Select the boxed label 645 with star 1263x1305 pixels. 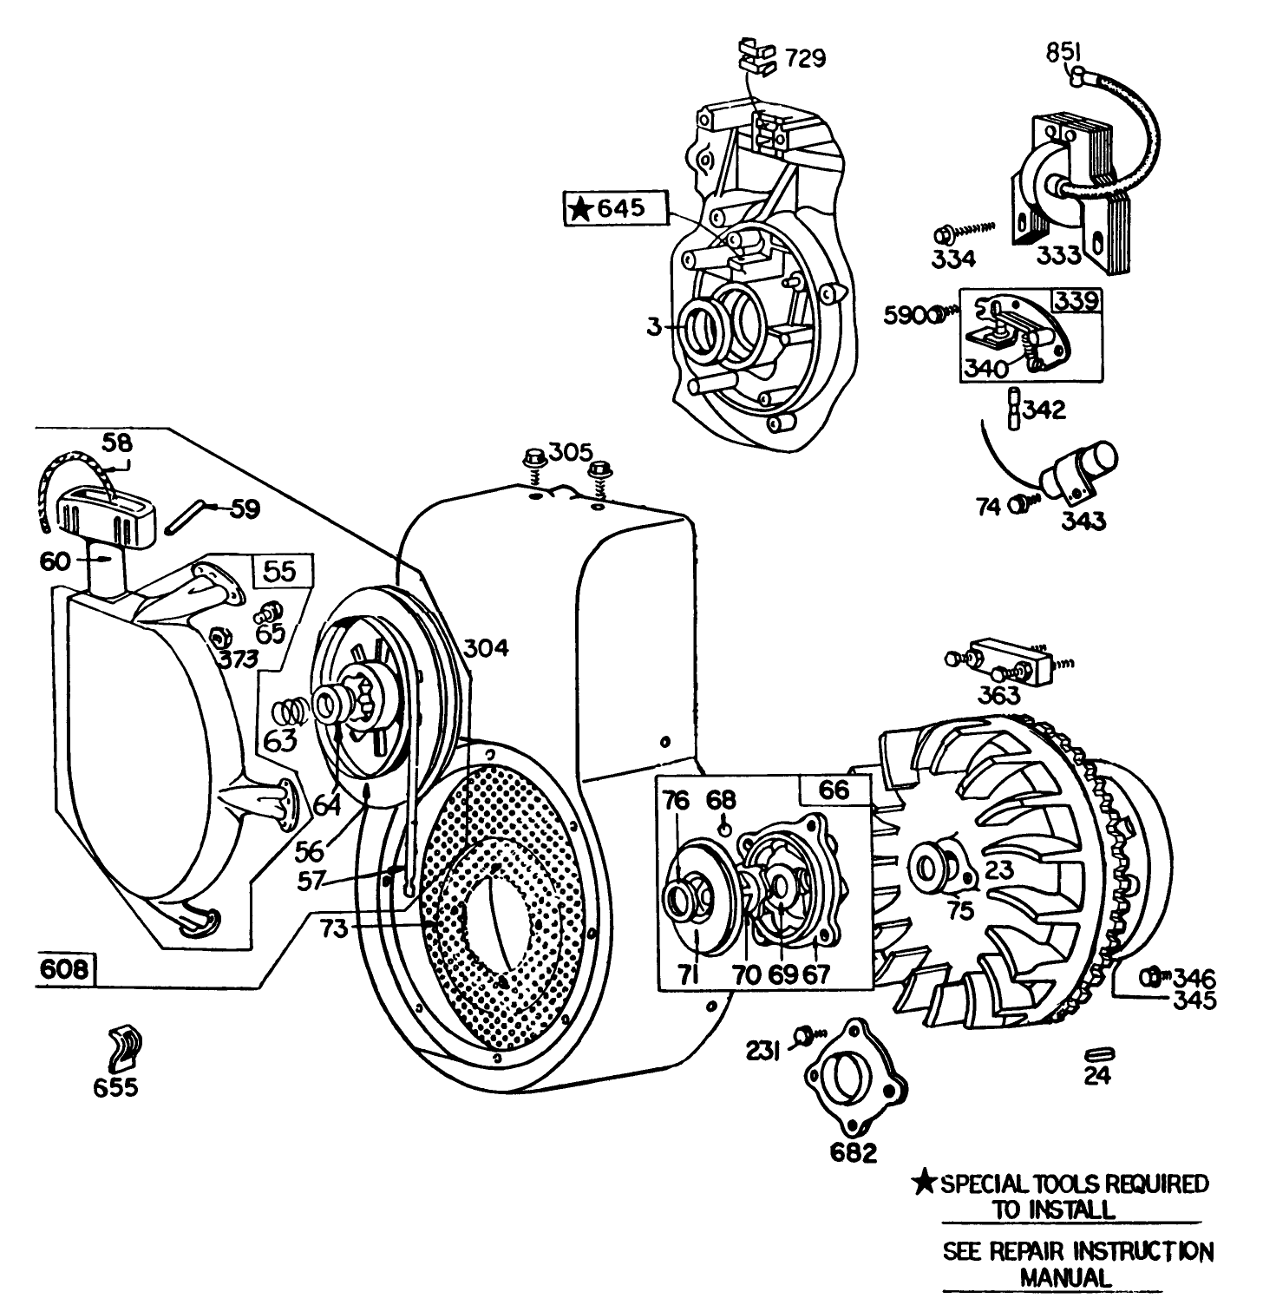[617, 209]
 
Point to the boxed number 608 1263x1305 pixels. [67, 970]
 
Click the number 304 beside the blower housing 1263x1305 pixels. [486, 647]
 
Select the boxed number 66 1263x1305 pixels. [834, 790]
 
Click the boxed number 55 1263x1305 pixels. [279, 570]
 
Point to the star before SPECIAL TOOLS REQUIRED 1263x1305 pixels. [926, 1182]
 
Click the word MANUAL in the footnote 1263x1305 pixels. [1063, 1277]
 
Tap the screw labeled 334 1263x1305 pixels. [943, 236]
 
